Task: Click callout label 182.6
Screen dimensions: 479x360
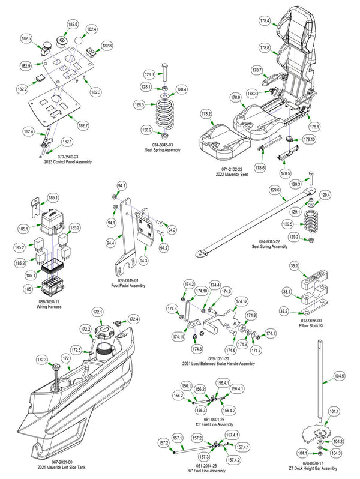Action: click(x=72, y=24)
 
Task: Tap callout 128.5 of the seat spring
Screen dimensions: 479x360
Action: click(x=139, y=104)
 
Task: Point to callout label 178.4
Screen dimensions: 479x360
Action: click(x=265, y=20)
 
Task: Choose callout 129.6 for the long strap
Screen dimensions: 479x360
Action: click(x=275, y=190)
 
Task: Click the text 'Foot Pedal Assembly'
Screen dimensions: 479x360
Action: click(x=128, y=286)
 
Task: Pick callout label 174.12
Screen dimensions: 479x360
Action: click(x=241, y=301)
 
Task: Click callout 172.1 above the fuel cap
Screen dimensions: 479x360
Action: click(x=97, y=312)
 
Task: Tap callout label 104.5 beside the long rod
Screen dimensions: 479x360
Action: click(x=339, y=376)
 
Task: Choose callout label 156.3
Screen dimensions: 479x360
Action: click(x=201, y=410)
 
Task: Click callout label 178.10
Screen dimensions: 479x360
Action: click(x=309, y=140)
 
